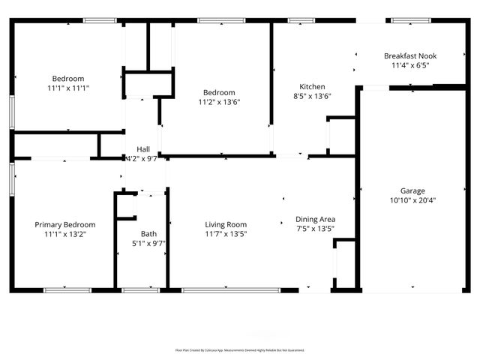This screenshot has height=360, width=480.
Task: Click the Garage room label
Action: pos(412,190)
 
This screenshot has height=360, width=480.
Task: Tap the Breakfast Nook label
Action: pos(409,56)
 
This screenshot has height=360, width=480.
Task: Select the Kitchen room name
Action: pos(312,86)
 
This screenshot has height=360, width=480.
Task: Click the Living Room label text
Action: pos(226,224)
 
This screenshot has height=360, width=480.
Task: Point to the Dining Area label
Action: pos(315,219)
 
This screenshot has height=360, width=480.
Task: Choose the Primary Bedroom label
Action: pos(65,224)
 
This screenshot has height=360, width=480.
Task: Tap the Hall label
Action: pos(142,149)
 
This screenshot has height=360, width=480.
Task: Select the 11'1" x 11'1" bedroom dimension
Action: pos(67,88)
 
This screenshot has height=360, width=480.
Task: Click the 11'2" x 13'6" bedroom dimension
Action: pos(219,102)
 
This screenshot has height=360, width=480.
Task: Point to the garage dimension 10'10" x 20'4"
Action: pos(412,200)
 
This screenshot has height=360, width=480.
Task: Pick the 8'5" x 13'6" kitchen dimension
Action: pos(312,96)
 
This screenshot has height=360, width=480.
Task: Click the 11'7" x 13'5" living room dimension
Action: pos(226,234)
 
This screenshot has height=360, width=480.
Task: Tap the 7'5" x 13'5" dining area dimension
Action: pos(315,229)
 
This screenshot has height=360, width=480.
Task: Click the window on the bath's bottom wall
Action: pos(140,289)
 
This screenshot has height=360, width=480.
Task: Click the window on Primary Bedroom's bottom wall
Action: pos(67,289)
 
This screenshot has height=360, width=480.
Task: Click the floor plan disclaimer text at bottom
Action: pos(239,349)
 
